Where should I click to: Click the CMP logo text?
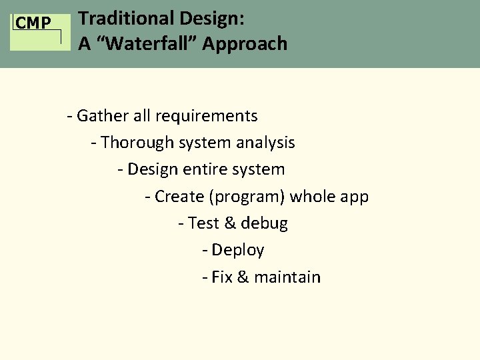[x=33, y=24]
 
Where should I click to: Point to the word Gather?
[x=103, y=116]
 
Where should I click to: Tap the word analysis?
[x=267, y=143]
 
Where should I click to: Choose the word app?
[x=354, y=197]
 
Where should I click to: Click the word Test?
[x=204, y=223]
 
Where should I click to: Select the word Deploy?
[x=237, y=251]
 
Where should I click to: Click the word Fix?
[x=221, y=277]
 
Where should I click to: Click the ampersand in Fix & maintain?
[x=242, y=277]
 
